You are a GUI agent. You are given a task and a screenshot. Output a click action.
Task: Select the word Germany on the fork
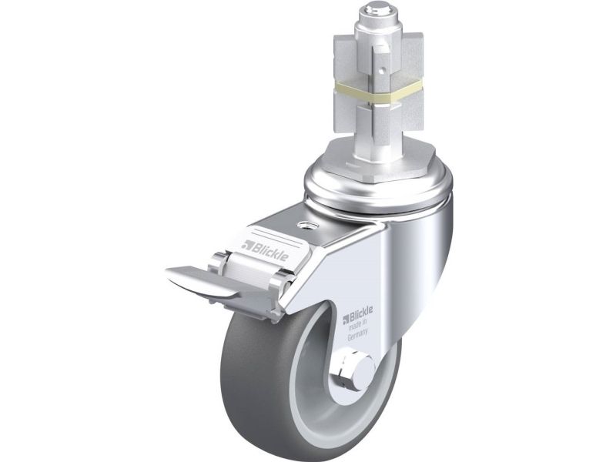[357, 335]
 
